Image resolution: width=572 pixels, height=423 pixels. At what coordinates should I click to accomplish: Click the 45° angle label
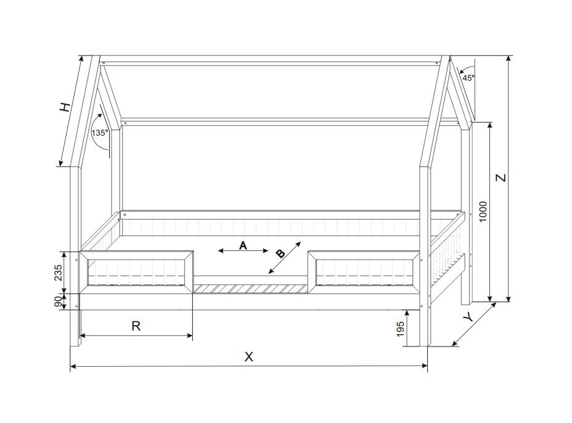click(x=468, y=78)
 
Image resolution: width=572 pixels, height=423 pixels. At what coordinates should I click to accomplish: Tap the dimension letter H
click(x=64, y=107)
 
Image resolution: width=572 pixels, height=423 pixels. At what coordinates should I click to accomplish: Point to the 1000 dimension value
click(x=483, y=212)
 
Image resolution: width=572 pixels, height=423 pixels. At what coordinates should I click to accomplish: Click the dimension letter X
click(x=248, y=356)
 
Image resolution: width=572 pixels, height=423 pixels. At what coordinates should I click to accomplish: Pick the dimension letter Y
click(x=470, y=318)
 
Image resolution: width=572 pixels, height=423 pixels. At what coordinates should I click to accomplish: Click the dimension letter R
click(x=136, y=326)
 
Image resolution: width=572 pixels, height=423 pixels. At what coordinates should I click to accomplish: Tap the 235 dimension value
click(x=59, y=272)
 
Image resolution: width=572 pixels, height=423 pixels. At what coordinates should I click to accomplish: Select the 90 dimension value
click(x=59, y=302)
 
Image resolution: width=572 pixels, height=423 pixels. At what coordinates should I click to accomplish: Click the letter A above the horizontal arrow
click(x=243, y=245)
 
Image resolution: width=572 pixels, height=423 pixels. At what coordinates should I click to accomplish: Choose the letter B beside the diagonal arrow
click(x=280, y=252)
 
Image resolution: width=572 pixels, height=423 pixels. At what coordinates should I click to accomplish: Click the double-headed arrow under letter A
click(x=243, y=251)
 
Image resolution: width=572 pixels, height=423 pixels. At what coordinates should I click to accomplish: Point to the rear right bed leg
click(x=467, y=290)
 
